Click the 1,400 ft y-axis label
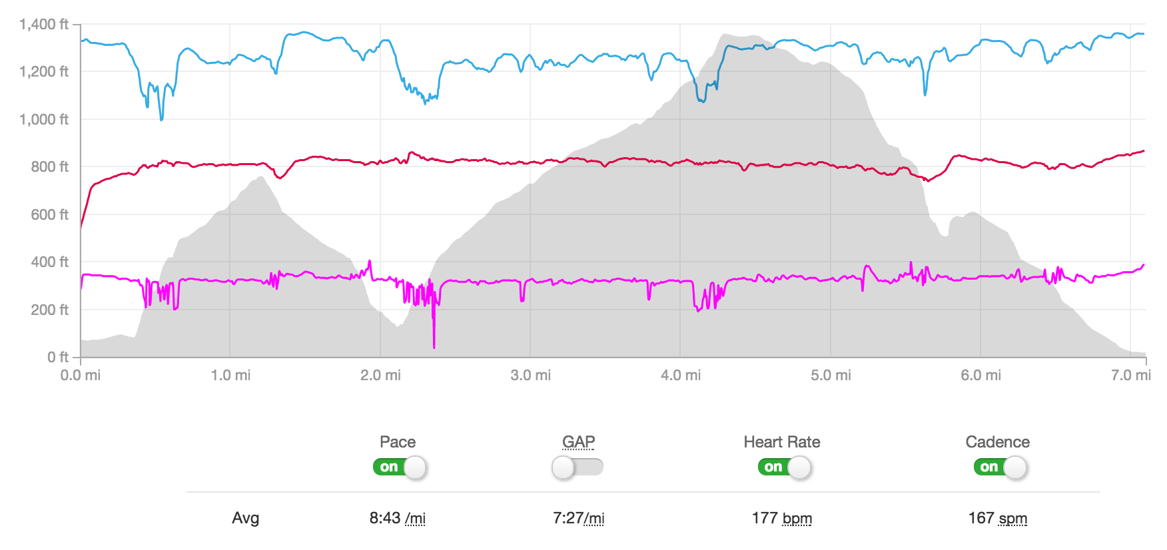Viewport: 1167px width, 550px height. (44, 25)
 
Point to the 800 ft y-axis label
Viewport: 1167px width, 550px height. (49, 167)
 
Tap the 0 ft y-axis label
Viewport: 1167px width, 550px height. (58, 358)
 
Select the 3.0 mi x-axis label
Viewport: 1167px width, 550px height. (530, 376)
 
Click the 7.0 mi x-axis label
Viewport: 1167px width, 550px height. (1130, 376)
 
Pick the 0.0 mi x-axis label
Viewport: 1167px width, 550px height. (81, 376)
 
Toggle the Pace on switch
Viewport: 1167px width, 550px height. (400, 467)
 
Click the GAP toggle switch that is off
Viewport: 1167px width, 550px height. (578, 467)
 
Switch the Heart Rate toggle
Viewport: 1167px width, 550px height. (784, 467)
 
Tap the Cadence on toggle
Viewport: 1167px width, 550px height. (1000, 467)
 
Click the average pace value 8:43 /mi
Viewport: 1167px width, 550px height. (397, 519)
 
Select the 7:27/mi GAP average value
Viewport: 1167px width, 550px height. (578, 519)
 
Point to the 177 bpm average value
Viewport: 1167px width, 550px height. (781, 519)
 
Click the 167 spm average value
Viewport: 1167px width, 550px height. (997, 519)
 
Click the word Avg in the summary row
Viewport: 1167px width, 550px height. (245, 519)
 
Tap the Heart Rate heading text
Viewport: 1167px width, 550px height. (781, 442)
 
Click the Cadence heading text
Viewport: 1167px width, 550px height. (997, 442)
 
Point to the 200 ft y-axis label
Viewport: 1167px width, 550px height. (49, 310)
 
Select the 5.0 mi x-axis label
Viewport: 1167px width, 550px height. (831, 376)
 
